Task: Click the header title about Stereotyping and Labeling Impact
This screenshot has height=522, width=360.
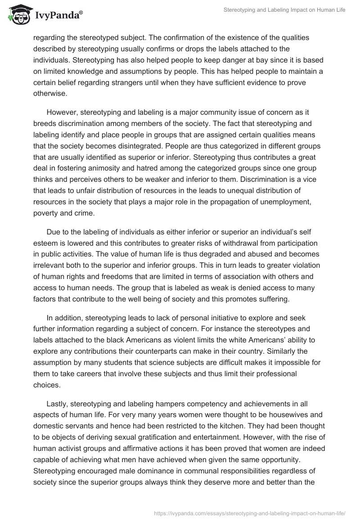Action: tap(284, 10)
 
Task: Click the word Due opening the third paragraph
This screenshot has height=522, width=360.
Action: tap(53, 232)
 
